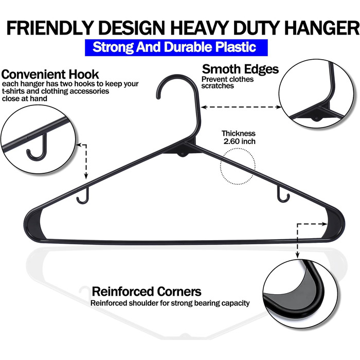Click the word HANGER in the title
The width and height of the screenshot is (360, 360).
pyautogui.click(x=322, y=28)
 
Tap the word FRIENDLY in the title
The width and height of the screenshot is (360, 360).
pyautogui.click(x=49, y=28)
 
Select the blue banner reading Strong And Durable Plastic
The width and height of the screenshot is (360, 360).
pyautogui.click(x=176, y=47)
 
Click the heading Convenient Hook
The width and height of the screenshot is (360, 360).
pyautogui.click(x=50, y=75)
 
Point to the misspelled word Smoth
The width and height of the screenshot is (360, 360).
pyautogui.click(x=221, y=69)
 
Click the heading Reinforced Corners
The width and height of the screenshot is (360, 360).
pyautogui.click(x=147, y=292)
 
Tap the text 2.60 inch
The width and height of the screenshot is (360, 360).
pyautogui.click(x=240, y=141)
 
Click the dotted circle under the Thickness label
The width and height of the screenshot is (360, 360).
pyautogui.click(x=238, y=149)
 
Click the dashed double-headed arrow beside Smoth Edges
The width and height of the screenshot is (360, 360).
pyautogui.click(x=241, y=107)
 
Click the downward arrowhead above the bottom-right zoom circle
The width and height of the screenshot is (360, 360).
pyautogui.click(x=297, y=255)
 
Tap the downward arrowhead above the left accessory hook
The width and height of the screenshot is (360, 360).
pyautogui.click(x=86, y=176)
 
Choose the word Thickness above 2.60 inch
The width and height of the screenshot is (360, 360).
pyautogui.click(x=238, y=133)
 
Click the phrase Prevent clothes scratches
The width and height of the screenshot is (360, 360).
pyautogui.click(x=227, y=82)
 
